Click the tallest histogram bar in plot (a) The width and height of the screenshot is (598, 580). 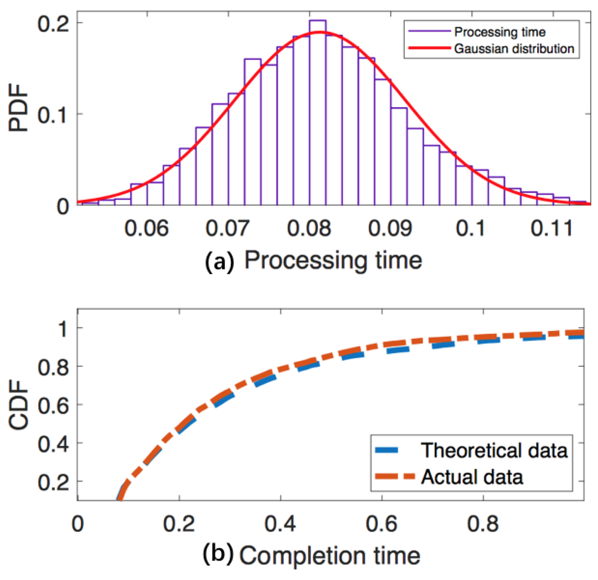click(x=318, y=111)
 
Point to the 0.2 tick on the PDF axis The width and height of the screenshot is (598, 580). click(x=53, y=24)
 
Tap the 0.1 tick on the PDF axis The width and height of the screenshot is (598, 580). click(x=53, y=115)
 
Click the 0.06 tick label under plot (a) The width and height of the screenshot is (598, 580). click(x=146, y=228)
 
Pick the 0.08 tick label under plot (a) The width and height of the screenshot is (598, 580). click(x=309, y=228)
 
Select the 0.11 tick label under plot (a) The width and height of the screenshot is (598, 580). click(x=552, y=228)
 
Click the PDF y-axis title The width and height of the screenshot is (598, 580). click(x=19, y=107)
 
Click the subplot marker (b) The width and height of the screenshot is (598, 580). click(x=218, y=554)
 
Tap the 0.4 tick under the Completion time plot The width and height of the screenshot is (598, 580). click(x=280, y=524)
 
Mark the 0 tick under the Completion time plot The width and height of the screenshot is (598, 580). click(x=78, y=524)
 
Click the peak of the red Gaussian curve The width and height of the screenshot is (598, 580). click(x=320, y=33)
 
